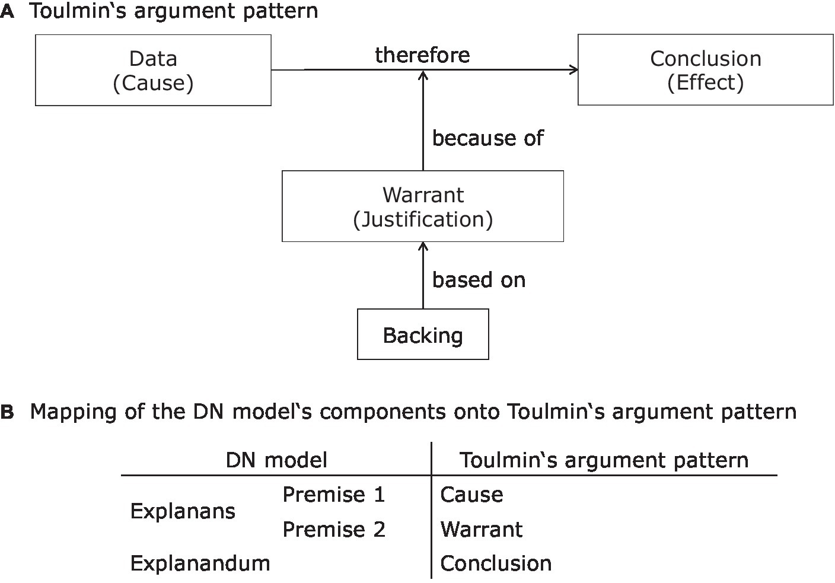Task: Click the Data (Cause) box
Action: click(x=153, y=70)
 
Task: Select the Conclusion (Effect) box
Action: click(x=705, y=70)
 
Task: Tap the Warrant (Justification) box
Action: click(x=422, y=206)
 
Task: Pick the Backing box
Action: click(x=422, y=334)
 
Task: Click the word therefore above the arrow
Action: click(x=422, y=55)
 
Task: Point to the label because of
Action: click(x=487, y=138)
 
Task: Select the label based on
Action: click(x=479, y=280)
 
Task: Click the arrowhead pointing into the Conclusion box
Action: click(x=574, y=70)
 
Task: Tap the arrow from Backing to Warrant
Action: click(x=423, y=276)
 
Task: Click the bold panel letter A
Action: click(x=7, y=11)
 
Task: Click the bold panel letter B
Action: click(x=7, y=412)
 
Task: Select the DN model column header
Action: click(x=276, y=460)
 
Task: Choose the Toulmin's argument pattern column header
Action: click(x=604, y=460)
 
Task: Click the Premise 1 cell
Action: click(x=334, y=494)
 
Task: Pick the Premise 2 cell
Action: click(x=334, y=529)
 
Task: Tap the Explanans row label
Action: click(x=183, y=511)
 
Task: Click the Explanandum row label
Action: click(x=200, y=563)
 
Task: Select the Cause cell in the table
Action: click(x=471, y=494)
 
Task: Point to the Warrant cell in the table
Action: click(x=482, y=529)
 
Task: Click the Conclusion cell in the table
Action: click(x=496, y=563)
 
